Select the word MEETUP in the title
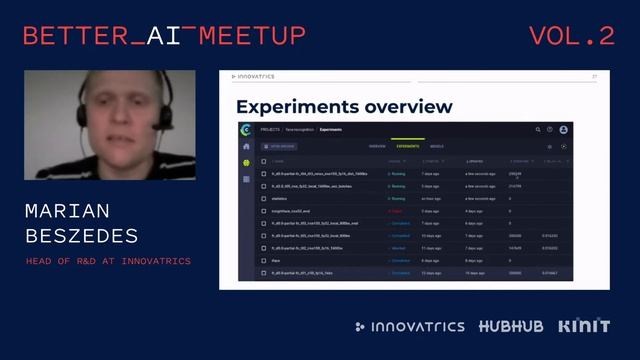click(252, 37)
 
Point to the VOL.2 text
click(571, 37)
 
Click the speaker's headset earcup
click(161, 114)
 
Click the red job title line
click(109, 262)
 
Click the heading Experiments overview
click(343, 106)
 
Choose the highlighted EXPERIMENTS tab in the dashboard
click(407, 146)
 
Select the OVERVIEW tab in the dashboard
click(377, 146)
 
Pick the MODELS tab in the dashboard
click(437, 146)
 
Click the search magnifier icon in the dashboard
click(537, 130)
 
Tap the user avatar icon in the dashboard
click(563, 130)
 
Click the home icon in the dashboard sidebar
click(246, 147)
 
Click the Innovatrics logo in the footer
click(410, 327)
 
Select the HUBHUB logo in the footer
click(511, 327)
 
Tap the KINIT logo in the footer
click(584, 327)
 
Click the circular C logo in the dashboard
click(246, 130)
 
